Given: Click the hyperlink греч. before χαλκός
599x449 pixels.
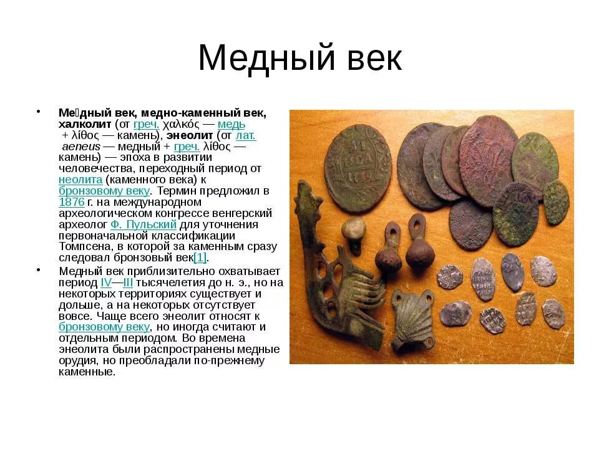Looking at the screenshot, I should [x=147, y=124].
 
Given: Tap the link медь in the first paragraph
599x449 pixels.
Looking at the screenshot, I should [x=231, y=124].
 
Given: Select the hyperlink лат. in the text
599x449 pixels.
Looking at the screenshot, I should [x=245, y=135].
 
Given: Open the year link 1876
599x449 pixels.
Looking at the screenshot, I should [x=72, y=202].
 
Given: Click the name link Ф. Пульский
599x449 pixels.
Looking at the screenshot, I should [x=144, y=224].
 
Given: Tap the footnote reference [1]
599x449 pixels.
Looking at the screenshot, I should [x=200, y=258].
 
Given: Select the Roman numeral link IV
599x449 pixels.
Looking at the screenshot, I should [x=106, y=282].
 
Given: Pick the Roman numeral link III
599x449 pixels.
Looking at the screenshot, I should [x=128, y=282].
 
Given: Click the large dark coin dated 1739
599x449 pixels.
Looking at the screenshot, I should [x=358, y=165].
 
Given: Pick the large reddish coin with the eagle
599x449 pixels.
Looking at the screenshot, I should [x=488, y=160].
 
